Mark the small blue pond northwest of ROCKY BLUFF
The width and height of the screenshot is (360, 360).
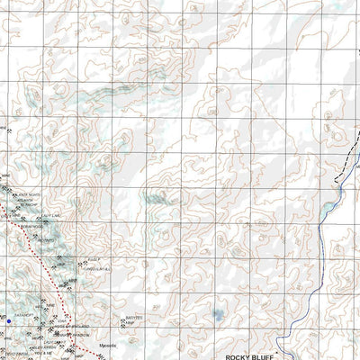click(x=219, y=315)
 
